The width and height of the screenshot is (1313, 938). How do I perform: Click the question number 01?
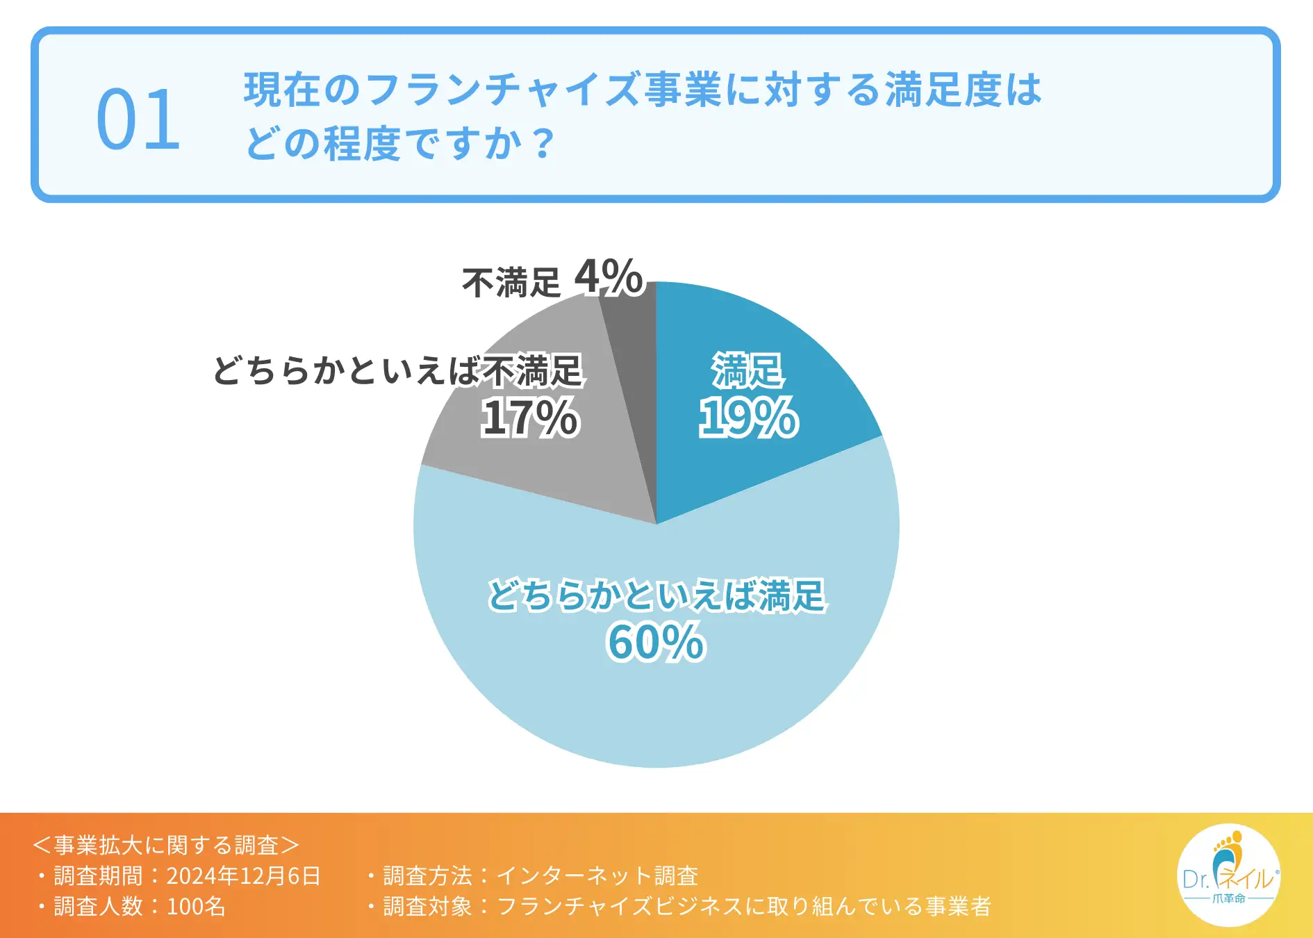coord(138,120)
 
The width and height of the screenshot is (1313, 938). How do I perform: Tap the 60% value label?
coord(656,642)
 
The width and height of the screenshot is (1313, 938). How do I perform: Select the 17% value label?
coord(529,418)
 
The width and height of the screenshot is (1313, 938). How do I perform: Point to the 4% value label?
coord(609,277)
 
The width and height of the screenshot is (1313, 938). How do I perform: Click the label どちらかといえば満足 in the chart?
coord(656,595)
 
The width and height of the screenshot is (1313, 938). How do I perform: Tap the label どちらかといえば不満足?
coord(397,370)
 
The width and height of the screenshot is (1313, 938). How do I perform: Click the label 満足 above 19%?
coord(748,370)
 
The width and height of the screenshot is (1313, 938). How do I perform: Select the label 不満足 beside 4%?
coord(511,283)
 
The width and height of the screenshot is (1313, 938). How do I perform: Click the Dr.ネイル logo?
coord(1228,875)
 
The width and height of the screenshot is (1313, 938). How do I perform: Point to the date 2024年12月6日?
coord(244,875)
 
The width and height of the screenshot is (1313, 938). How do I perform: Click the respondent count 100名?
coord(196,906)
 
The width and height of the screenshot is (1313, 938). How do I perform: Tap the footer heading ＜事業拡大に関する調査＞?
coord(166,845)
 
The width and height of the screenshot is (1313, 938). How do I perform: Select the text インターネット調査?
coord(597,875)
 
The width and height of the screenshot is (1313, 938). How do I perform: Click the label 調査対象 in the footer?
coord(427,906)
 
